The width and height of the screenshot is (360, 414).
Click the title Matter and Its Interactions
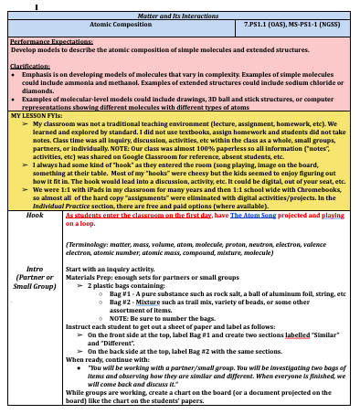[181, 14]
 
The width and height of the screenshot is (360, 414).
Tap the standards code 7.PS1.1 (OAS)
[267, 26]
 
